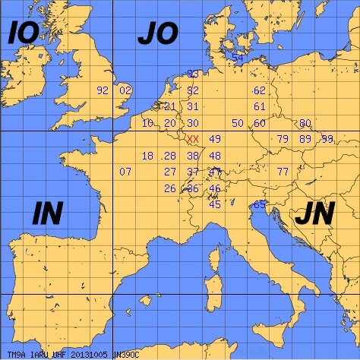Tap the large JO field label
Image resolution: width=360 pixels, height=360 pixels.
[157, 33]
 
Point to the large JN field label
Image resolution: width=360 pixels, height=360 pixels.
[314, 215]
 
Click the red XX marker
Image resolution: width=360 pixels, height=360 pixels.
[193, 139]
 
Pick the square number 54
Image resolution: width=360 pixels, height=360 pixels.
[238, 58]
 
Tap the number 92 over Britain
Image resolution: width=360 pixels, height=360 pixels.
[103, 90]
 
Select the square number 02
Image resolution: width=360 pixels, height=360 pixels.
[125, 90]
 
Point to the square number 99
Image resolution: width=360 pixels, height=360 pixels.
[327, 139]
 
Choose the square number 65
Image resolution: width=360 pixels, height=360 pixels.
[259, 204]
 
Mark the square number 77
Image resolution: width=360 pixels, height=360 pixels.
[283, 172]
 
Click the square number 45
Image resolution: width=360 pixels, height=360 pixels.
[215, 204]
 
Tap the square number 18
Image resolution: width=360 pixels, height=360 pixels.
[147, 156]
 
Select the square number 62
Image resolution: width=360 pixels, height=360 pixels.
[260, 90]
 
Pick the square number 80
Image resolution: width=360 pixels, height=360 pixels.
[305, 123]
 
